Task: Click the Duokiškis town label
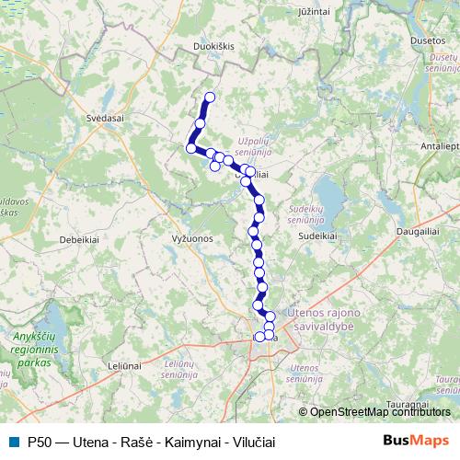[x=192, y=43]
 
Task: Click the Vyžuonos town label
[x=192, y=237]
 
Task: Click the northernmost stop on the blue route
[x=210, y=98]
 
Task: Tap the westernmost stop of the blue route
[x=191, y=147]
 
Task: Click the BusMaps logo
[x=416, y=441]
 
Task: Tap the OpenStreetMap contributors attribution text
[x=379, y=411]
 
